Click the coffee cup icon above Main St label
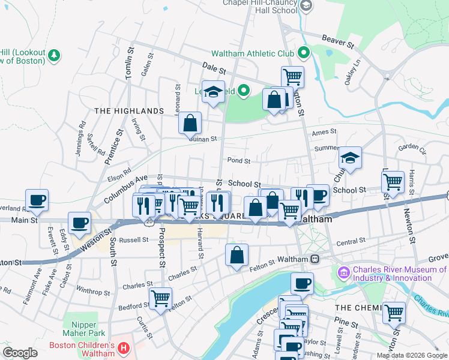point(37,200)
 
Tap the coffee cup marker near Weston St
point(79,223)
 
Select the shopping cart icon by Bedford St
point(160,298)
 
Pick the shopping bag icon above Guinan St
point(190,124)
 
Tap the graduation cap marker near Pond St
point(350,158)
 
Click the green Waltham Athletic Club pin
point(304,53)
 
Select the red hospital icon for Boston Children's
point(123,347)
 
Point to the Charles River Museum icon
point(343,273)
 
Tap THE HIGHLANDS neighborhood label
point(128,111)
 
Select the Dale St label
point(213,70)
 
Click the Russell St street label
point(133,240)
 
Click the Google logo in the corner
point(20,352)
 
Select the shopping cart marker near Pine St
point(393,312)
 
